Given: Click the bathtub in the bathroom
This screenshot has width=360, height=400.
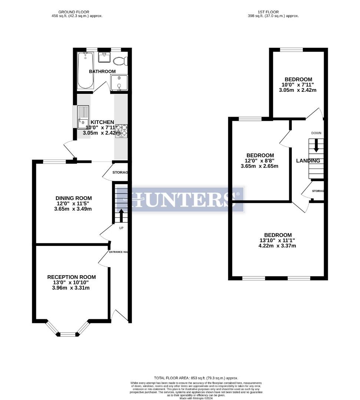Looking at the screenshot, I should [x=86, y=70].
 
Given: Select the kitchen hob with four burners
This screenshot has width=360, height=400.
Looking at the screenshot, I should [x=121, y=131].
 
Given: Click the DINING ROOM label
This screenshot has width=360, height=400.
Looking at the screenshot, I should [x=73, y=198].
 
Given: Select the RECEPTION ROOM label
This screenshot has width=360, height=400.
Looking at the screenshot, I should [x=71, y=277].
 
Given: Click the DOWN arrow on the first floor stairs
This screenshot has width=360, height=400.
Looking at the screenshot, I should [x=316, y=145].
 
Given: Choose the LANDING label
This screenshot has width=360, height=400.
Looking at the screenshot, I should [x=308, y=161].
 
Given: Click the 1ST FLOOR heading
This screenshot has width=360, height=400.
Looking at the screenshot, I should [x=268, y=12].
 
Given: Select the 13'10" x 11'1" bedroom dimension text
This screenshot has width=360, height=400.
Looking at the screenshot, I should [x=278, y=240].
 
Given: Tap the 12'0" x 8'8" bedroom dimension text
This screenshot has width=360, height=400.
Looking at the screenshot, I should [x=260, y=161].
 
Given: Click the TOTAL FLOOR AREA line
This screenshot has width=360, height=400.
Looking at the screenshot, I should [x=196, y=378].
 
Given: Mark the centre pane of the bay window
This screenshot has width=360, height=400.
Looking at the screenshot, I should [x=68, y=334].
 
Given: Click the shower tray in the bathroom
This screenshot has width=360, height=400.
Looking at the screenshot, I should [x=119, y=82].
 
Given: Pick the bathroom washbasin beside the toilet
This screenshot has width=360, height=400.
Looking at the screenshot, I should [x=104, y=58].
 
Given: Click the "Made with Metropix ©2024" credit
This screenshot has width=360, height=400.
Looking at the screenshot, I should [x=196, y=398].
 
